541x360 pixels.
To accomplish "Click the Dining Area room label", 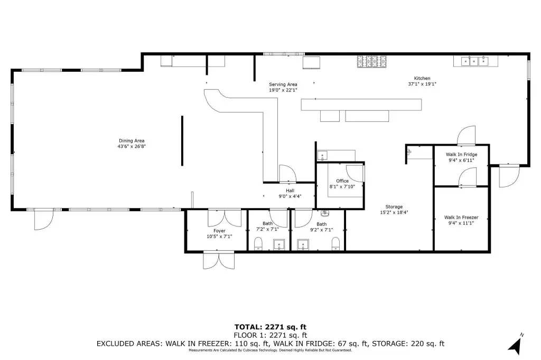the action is coord(132,141).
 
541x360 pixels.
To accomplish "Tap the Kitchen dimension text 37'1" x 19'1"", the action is coord(422,84).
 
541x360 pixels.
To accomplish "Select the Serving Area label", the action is coord(283,84).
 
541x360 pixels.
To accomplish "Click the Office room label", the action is coord(342,181).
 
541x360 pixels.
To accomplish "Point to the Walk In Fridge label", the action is coord(461,155).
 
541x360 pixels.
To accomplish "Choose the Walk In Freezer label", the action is coord(461,217).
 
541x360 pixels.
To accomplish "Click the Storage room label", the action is coord(394,206).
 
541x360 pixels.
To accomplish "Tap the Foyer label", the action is coord(219,231).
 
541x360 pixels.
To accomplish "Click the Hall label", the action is coord(290,191).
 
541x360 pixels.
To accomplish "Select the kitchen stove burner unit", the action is coord(371,61).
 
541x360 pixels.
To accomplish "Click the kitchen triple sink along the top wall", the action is coord(475,61).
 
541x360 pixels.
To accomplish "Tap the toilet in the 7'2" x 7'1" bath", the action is coord(258,244).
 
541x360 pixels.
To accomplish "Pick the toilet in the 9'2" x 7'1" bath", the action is coord(335,244).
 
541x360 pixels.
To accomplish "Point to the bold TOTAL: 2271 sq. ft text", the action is coord(270,327).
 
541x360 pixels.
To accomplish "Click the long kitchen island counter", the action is coord(361,105).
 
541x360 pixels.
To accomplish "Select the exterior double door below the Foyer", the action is coord(219,261).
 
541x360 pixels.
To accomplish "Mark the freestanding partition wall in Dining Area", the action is coord(182,141).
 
